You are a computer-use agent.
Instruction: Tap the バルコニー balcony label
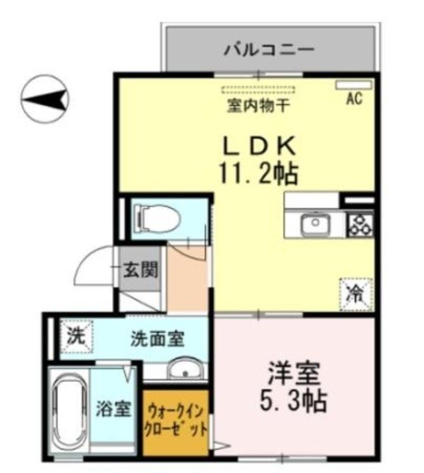(269, 50)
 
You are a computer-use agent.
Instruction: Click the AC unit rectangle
(354, 85)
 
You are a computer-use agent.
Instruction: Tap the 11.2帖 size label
(259, 173)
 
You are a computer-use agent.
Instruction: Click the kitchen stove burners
(360, 225)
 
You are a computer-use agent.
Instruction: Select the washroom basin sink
(185, 371)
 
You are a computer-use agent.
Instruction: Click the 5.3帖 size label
(294, 403)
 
